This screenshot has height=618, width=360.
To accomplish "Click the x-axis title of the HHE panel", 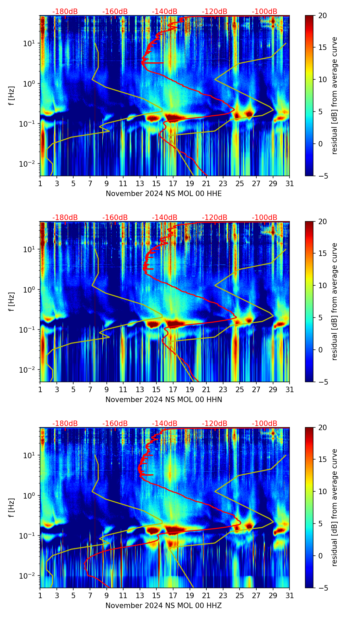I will point(164,194).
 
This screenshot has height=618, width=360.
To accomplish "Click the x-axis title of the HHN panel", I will point(164,400).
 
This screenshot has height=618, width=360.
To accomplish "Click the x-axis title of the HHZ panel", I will point(164,606).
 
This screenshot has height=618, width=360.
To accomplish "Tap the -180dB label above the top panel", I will point(65,12).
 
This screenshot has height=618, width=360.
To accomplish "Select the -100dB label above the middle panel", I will point(265,218).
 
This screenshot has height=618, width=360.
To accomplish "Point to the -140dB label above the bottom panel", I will point(165,424).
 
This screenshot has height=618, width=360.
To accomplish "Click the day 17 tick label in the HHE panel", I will point(173,183).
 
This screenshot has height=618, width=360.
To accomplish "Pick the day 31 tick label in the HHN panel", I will point(290,389).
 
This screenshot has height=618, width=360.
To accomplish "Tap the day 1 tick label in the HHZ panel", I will point(40,595).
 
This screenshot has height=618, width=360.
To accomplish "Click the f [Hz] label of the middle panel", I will point(12,301).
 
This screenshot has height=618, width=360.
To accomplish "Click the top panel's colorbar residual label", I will point(334,95).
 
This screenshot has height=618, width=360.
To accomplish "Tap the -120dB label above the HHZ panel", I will point(215,424).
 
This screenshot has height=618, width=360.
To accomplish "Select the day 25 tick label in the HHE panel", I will point(240,183).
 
